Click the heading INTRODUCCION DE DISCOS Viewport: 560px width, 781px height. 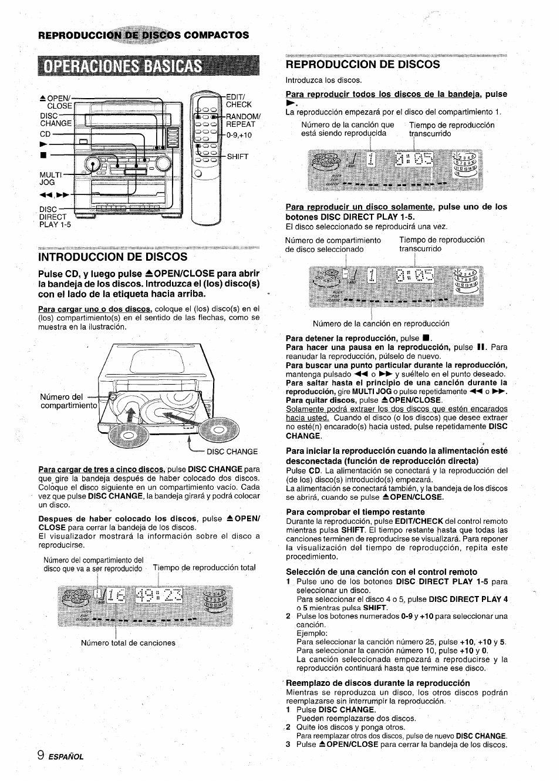pyautogui.click(x=113, y=257)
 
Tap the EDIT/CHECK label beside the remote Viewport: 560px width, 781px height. pyautogui.click(x=238, y=100)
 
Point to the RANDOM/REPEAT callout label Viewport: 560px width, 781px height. pyautogui.click(x=242, y=120)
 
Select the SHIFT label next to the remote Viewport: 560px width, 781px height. pyautogui.click(x=237, y=157)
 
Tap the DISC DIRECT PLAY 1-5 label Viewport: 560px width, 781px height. pyautogui.click(x=55, y=217)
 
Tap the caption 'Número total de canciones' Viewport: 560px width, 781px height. pyautogui.click(x=128, y=643)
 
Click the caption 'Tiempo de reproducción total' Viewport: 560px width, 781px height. pyautogui.click(x=204, y=567)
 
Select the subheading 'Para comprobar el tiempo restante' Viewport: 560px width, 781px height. pyautogui.click(x=355, y=511)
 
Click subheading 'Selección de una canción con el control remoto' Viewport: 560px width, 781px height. pyautogui.click(x=382, y=571)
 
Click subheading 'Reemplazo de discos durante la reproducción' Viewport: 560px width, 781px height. pyautogui.click(x=378, y=683)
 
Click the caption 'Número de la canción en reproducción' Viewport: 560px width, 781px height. pyautogui.click(x=381, y=324)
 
